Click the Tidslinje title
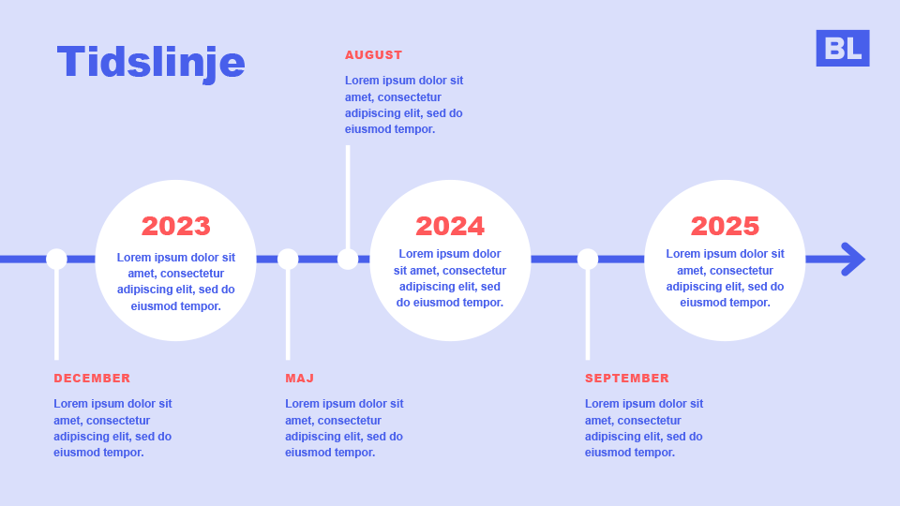pos(151,62)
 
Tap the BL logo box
pos(843,48)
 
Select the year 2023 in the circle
pos(176,226)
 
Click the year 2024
pos(450,226)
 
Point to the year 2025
pos(725,226)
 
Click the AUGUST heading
pos(374,55)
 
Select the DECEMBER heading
pos(92,378)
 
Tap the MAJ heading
pos(300,378)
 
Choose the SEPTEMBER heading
pos(627,378)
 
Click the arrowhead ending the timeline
pos(854,260)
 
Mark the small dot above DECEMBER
pos(56,259)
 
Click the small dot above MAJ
pos(288,259)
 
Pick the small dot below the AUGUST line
pos(348,259)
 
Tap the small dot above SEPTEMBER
pos(588,259)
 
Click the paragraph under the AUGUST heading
pos(404,105)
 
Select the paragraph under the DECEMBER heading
pos(112,428)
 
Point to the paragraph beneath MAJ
pos(344,428)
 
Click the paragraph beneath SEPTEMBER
pos(644,428)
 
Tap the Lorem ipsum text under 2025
pos(725,278)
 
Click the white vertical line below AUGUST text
pos(348,197)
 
